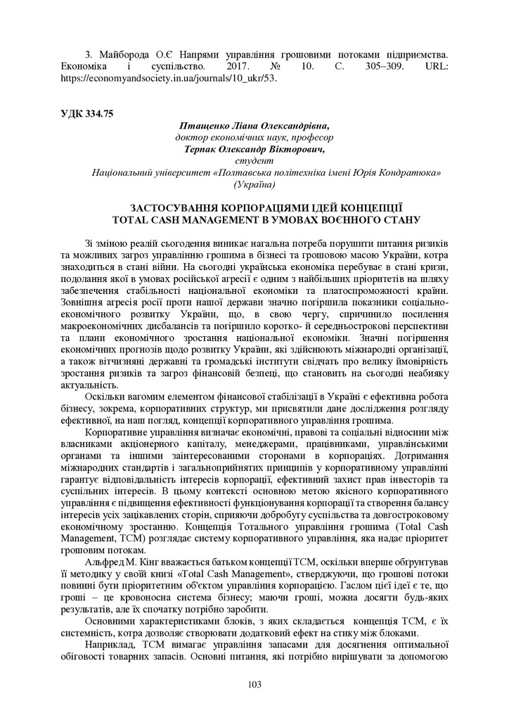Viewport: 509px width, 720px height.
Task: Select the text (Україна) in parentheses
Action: coord(254,184)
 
